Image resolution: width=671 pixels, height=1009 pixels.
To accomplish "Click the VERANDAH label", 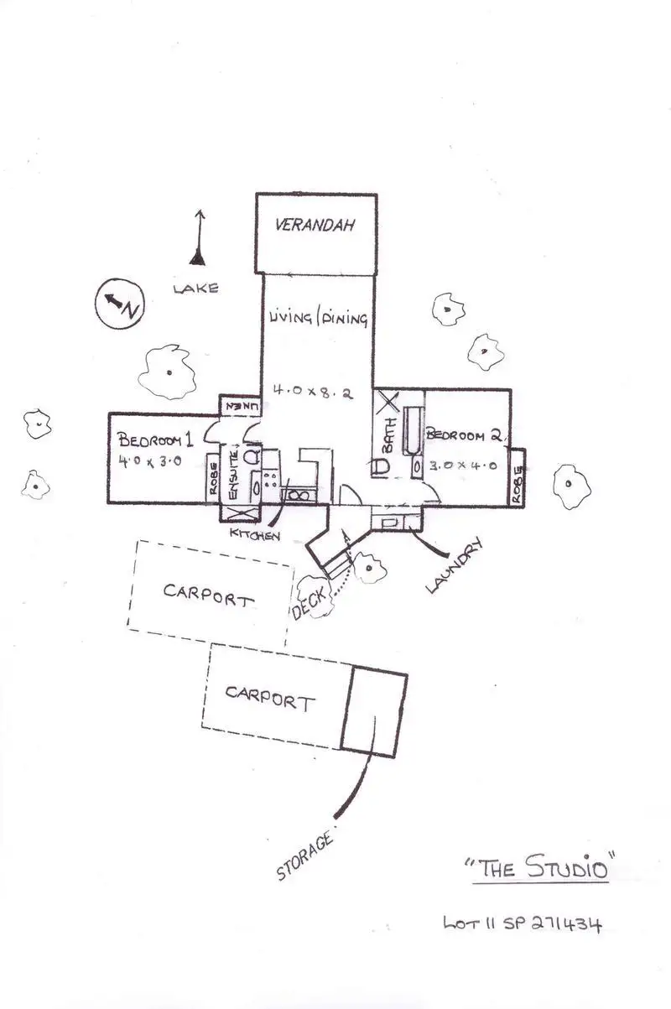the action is [x=315, y=226].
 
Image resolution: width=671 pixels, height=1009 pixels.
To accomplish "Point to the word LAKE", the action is [x=195, y=289].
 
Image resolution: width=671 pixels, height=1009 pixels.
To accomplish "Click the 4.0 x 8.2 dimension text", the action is [x=315, y=390].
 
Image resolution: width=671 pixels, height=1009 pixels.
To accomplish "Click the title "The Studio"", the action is [x=540, y=866].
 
